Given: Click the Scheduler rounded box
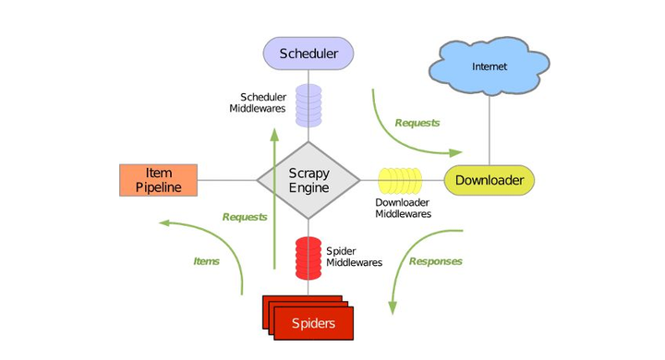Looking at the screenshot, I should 308,54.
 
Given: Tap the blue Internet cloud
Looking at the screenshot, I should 489,66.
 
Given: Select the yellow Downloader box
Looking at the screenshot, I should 490,180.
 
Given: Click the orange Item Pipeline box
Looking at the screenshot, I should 158,180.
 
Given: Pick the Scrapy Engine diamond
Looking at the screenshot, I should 308,180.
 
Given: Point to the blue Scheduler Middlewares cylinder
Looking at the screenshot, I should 308,105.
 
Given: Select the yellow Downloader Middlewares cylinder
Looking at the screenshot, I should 399,180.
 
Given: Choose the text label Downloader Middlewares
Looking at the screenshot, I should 404,208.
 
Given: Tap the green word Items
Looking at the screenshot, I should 206,261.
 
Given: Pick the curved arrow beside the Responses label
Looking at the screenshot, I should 406,268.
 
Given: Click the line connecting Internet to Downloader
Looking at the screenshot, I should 489,129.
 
